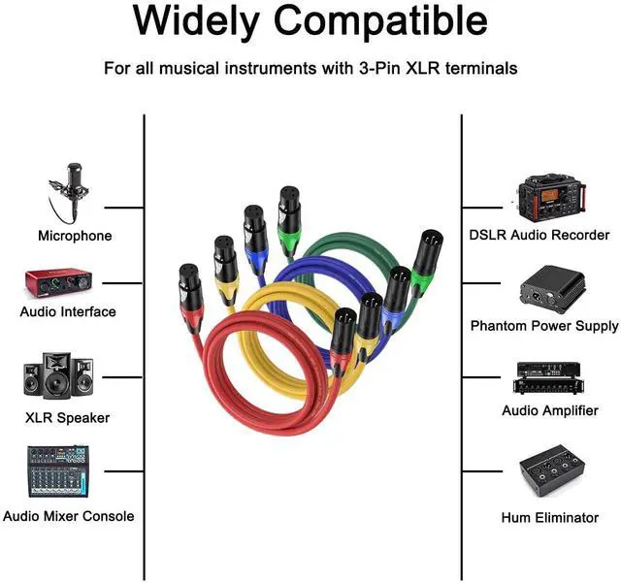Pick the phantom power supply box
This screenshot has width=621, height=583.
[551, 287]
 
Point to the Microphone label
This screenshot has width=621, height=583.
[75, 236]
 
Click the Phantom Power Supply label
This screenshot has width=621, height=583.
[544, 326]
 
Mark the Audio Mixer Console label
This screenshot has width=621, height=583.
[69, 516]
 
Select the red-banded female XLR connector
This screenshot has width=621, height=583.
[190, 292]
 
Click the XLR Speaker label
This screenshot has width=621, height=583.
[67, 418]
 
